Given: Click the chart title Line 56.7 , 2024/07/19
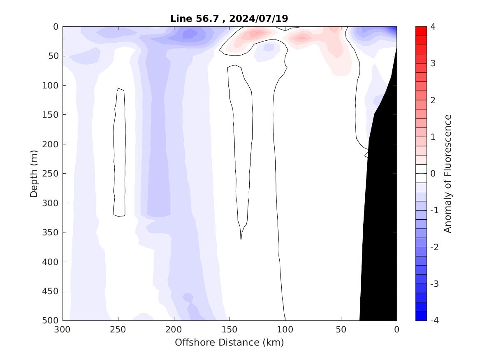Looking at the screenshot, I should [x=230, y=19].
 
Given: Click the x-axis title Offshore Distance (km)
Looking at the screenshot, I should [x=230, y=342].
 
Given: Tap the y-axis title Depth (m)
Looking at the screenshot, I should [x=34, y=173].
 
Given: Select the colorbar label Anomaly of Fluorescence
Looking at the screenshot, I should [x=448, y=173].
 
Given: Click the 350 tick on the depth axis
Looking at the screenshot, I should [x=52, y=232].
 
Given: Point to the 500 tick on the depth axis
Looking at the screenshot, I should [x=52, y=320].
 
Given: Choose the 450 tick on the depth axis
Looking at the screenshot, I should [x=52, y=291].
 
